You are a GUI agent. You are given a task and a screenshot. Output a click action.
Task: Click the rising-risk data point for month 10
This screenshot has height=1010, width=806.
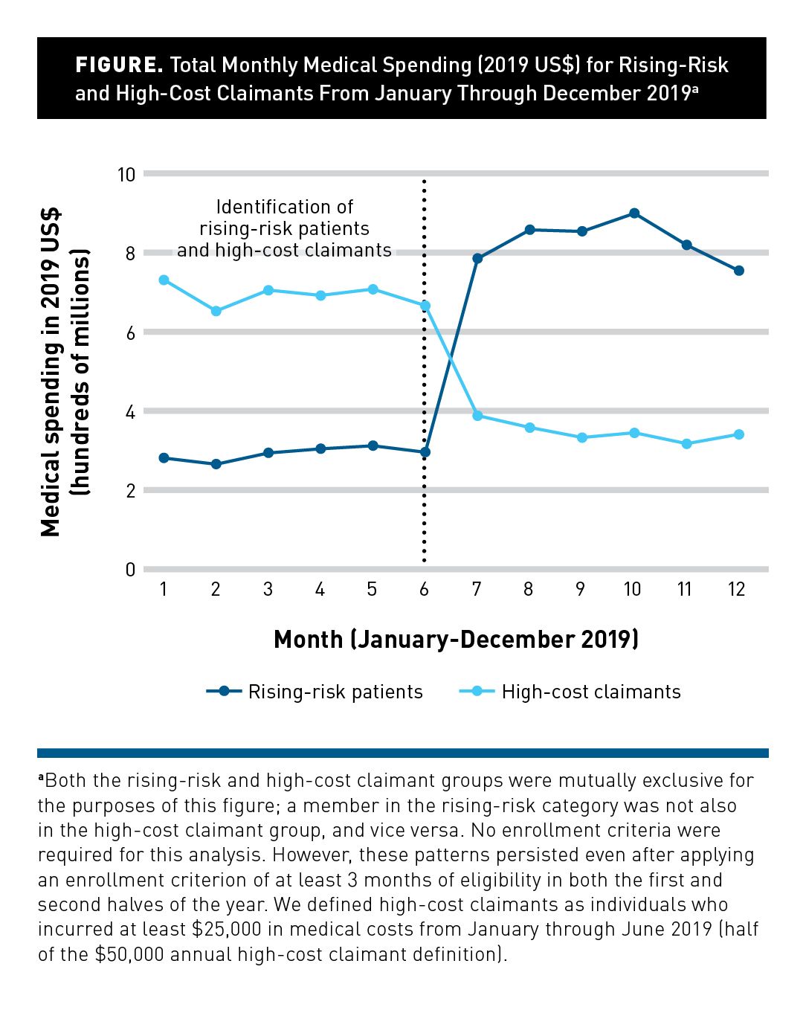coord(633,213)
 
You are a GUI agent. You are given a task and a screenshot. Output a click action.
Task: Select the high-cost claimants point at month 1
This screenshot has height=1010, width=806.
coord(164,280)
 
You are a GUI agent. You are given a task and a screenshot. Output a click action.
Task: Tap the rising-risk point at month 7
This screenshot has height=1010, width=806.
coord(477,259)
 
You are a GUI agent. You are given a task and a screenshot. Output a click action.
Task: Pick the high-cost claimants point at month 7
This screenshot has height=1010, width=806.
coord(477,416)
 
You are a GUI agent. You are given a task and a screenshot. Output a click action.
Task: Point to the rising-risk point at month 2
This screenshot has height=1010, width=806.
coord(216,464)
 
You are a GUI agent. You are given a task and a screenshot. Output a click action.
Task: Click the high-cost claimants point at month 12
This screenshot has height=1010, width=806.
coord(738,434)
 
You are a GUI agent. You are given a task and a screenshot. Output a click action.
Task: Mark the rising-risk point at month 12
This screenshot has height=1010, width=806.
coord(738,271)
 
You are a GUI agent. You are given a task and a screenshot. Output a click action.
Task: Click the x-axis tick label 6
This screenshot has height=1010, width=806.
coord(424,590)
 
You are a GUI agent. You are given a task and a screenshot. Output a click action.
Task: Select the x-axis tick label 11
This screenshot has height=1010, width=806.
coord(685,590)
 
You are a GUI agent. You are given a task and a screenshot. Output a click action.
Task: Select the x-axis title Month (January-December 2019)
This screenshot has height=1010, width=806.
coord(456,640)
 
